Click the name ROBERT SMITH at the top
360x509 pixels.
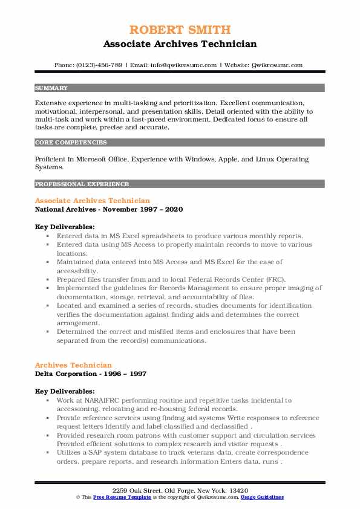180,29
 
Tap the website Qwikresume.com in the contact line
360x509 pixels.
278,65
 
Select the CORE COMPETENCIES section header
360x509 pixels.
71,143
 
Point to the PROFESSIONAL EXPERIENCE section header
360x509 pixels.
82,184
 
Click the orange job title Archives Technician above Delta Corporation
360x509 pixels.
73,365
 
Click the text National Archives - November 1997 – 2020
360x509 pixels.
109,209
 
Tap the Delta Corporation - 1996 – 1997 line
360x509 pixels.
91,373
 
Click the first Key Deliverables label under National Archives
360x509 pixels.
65,227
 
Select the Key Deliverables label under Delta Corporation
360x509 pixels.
65,391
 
